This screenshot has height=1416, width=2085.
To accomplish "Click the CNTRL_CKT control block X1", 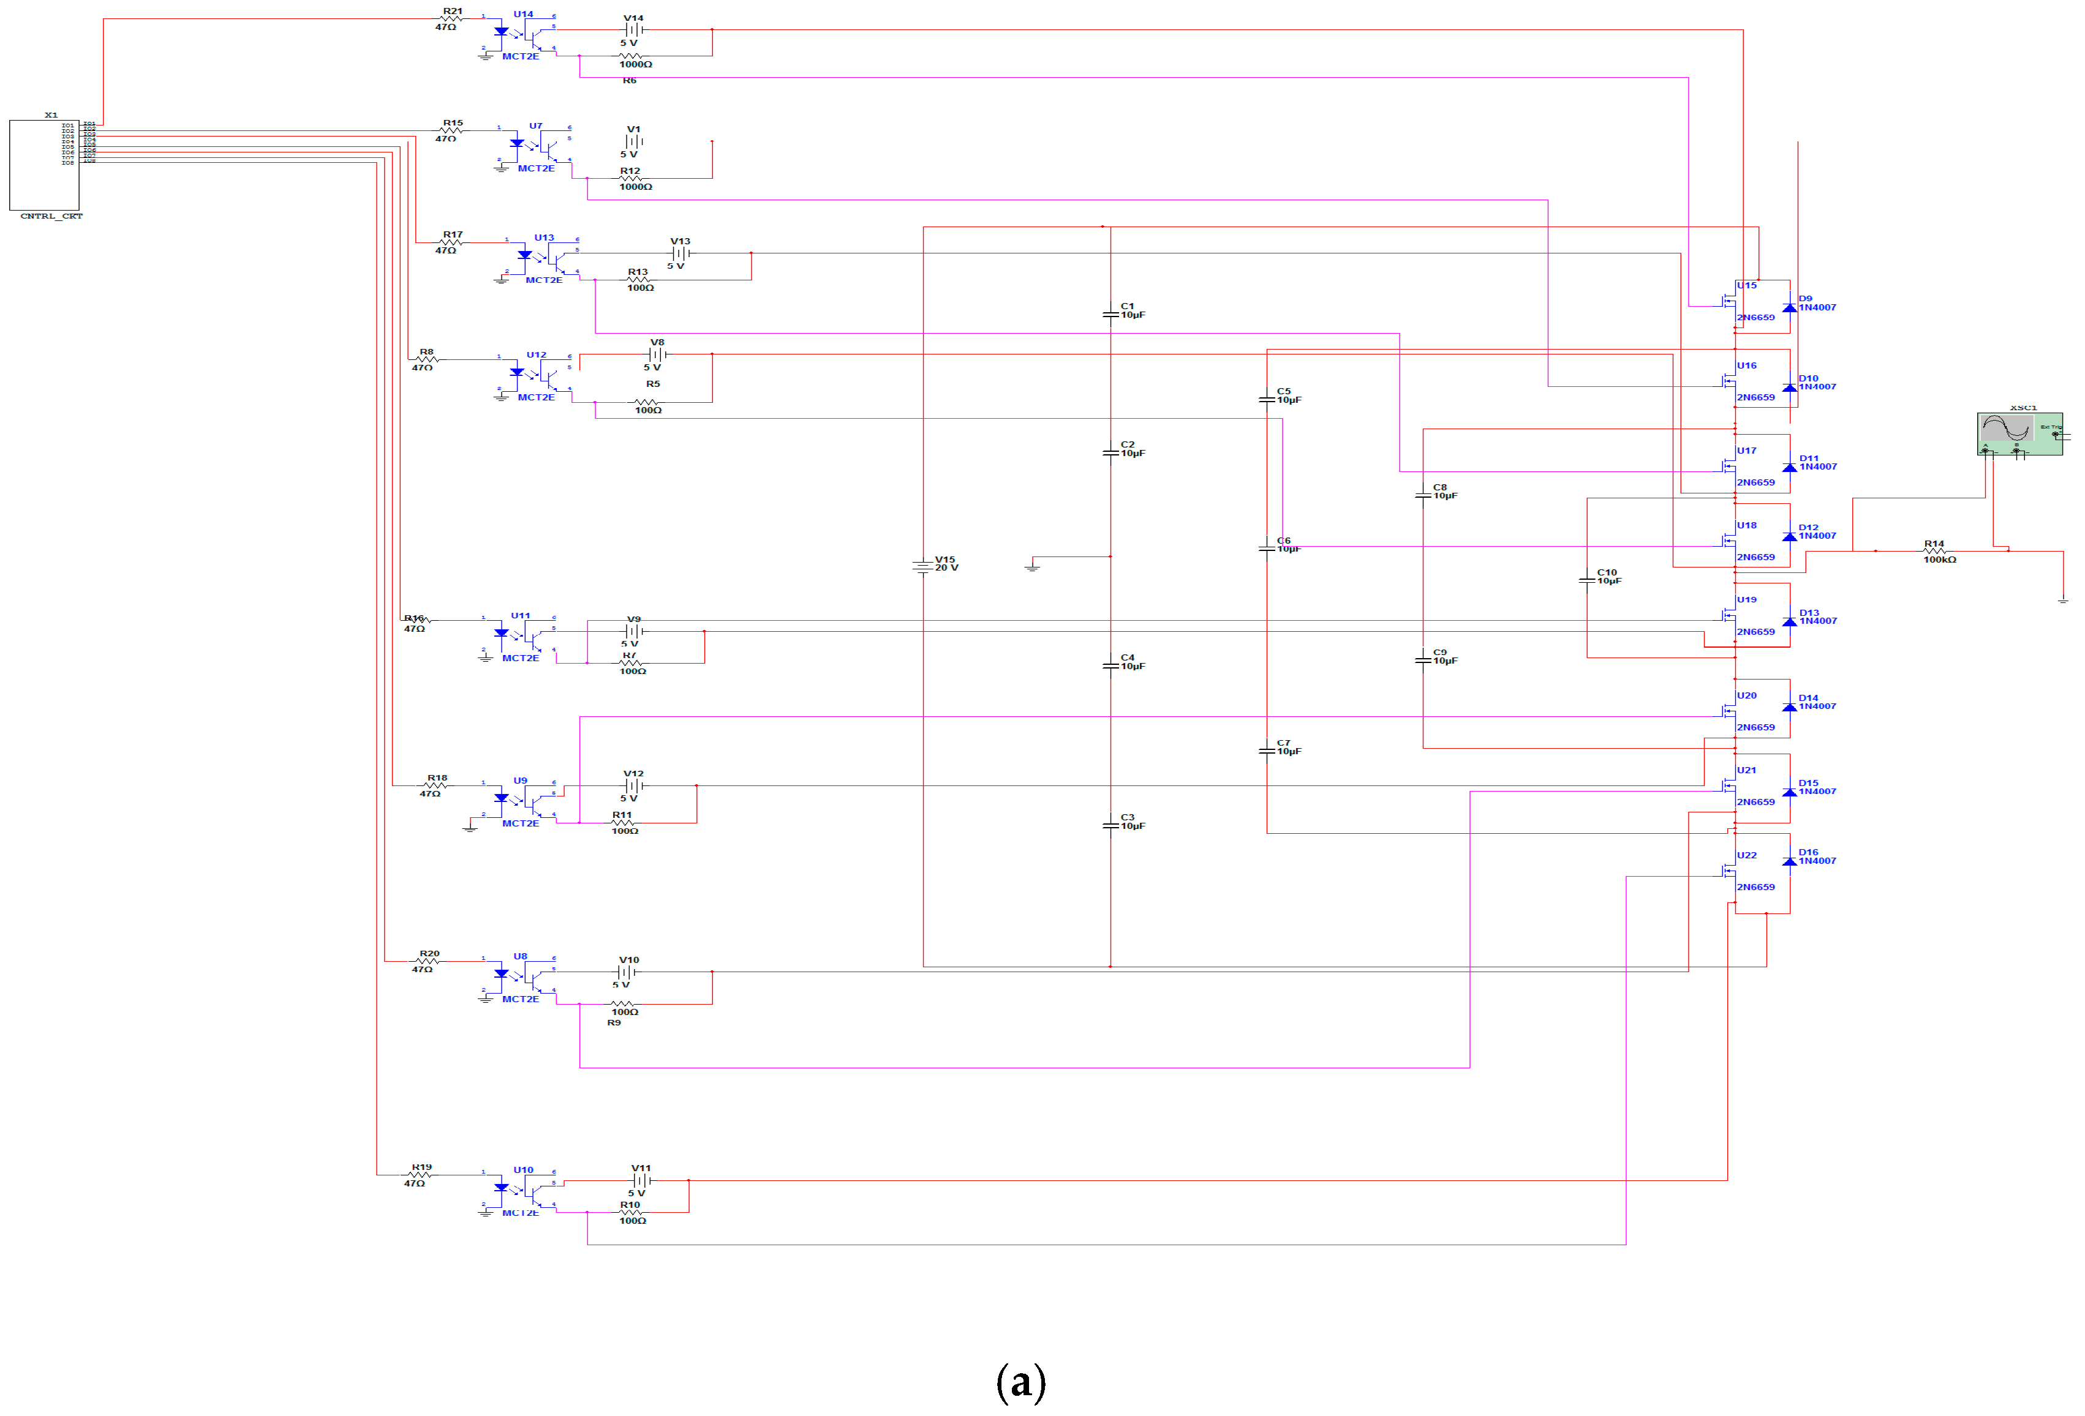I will [x=44, y=165].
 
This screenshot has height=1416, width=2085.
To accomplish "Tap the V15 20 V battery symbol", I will [x=923, y=567].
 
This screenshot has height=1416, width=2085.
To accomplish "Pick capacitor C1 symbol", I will [x=1110, y=314].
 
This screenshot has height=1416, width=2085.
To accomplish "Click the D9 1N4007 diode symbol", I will [x=1789, y=307].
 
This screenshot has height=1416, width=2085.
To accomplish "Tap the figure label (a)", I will [x=1021, y=1382].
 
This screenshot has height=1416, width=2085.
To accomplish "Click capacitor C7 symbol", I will [x=1267, y=751].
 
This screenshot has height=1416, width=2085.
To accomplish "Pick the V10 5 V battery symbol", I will [x=627, y=972].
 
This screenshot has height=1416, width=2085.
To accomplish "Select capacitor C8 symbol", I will [x=1423, y=495].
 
